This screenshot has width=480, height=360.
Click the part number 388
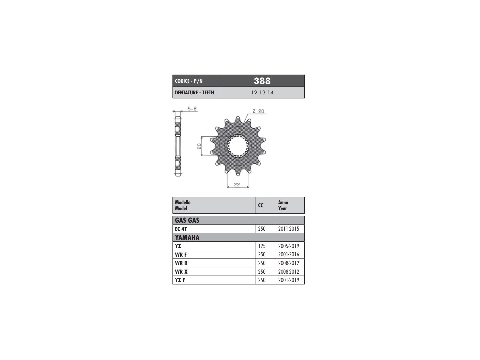[x=262, y=81]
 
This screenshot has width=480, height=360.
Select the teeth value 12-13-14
[x=262, y=92]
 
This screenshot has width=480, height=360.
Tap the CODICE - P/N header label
[x=189, y=81]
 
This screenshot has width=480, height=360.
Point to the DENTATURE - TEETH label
[x=194, y=92]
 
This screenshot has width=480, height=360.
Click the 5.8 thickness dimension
[x=192, y=109]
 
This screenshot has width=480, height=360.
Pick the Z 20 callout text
[x=258, y=111]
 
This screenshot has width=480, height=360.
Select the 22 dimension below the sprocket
[x=237, y=185]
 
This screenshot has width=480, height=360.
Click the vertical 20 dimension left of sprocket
[x=199, y=146]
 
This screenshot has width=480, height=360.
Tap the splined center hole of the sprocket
[x=238, y=146]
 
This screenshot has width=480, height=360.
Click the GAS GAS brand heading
[x=187, y=220]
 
